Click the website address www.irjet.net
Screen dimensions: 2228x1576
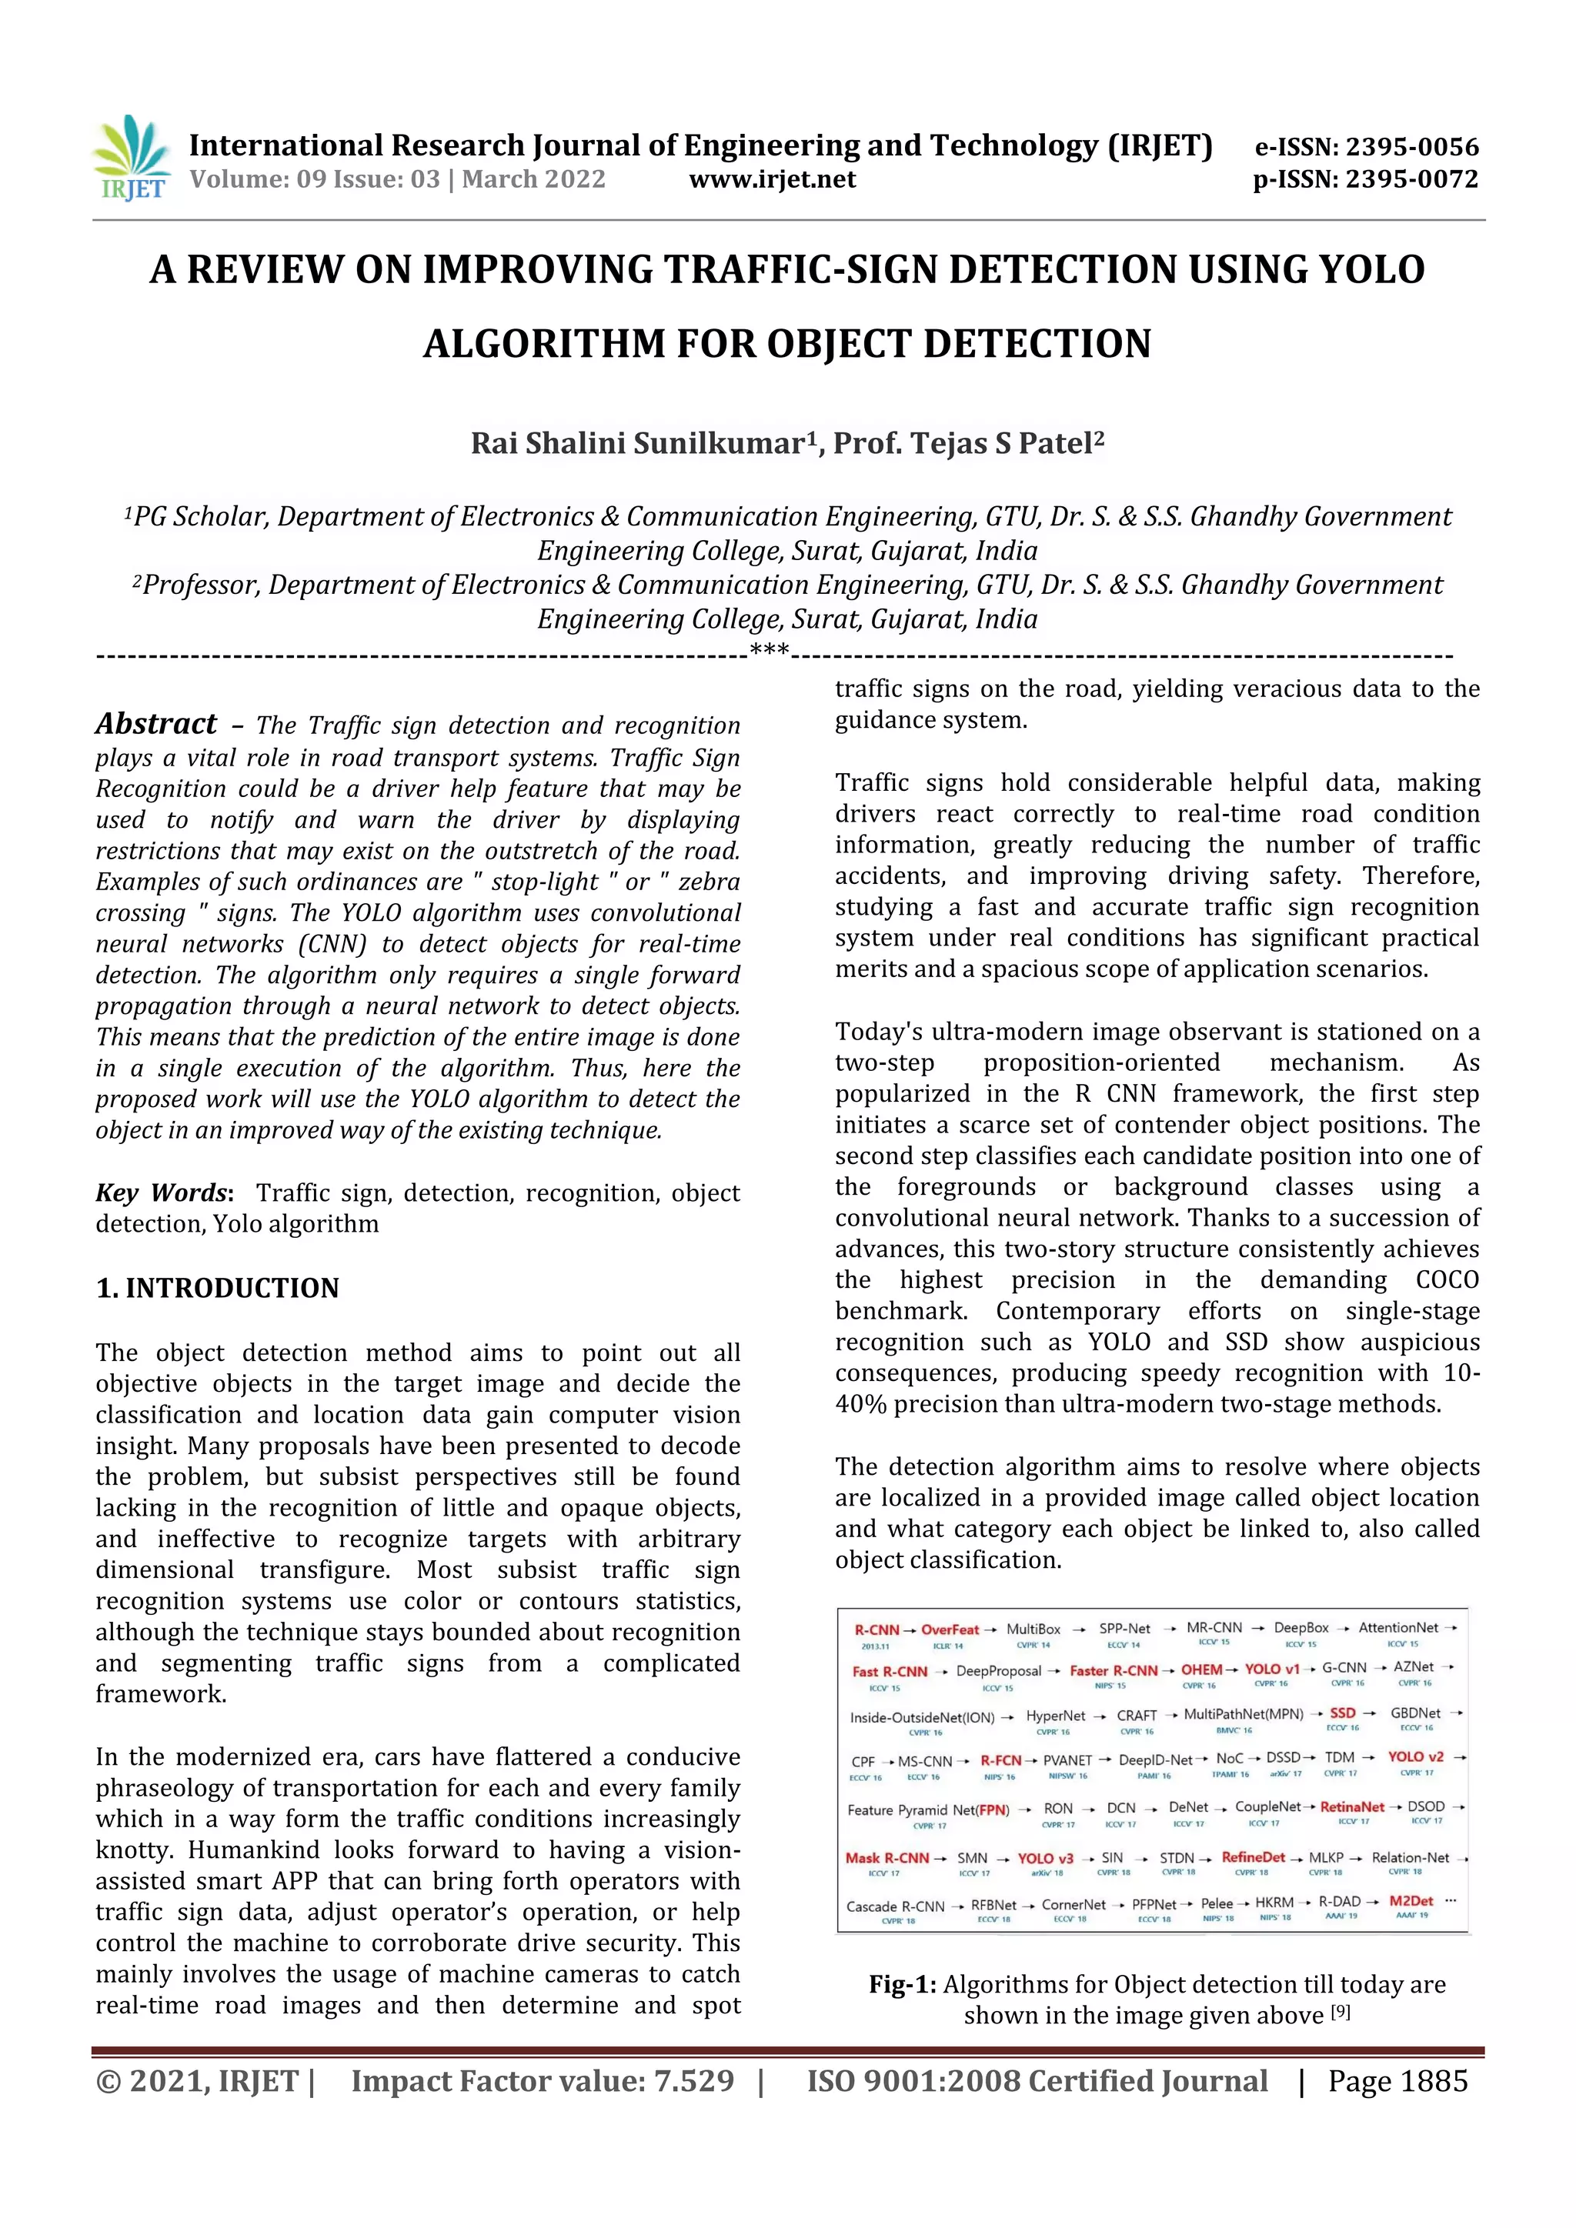coord(773,179)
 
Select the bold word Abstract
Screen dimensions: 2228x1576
coord(156,724)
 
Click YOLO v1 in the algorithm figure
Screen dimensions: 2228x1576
coord(1271,1670)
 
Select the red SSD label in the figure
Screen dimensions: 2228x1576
coord(1342,1713)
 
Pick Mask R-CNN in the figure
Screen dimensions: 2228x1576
coord(887,1858)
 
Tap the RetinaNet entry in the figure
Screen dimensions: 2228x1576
coord(1352,1807)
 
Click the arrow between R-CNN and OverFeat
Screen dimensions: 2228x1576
coord(910,1630)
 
